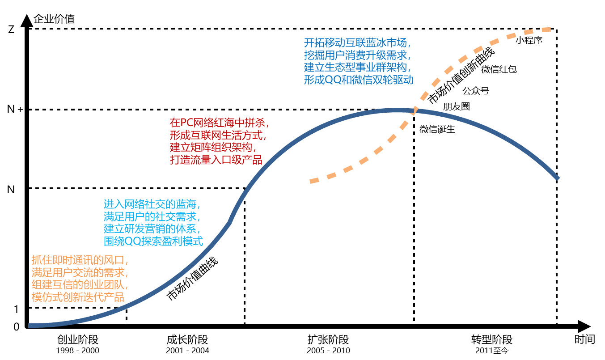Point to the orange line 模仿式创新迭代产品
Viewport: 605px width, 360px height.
tap(78, 297)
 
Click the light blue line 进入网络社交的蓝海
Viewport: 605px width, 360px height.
tap(152, 204)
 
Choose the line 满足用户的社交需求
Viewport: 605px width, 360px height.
tap(152, 217)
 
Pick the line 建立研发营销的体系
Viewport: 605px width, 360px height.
tap(152, 229)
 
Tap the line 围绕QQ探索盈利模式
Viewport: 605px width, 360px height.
tap(153, 241)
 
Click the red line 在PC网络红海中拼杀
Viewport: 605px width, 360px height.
tap(219, 123)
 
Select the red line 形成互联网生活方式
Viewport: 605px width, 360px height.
tap(218, 135)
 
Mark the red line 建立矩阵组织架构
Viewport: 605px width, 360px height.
tap(213, 147)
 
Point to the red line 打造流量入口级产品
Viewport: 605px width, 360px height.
tap(216, 160)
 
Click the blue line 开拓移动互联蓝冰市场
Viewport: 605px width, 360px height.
tap(357, 43)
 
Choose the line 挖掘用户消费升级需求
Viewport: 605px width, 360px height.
tap(357, 55)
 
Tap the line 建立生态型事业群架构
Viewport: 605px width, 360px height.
tap(357, 68)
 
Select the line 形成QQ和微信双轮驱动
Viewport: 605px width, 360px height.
tap(359, 80)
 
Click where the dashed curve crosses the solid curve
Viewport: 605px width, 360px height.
tap(414, 110)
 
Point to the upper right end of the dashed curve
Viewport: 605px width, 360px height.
tap(550, 30)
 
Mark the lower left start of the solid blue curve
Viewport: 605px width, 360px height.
tap(30, 325)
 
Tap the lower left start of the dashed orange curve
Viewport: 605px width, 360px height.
tap(311, 181)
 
